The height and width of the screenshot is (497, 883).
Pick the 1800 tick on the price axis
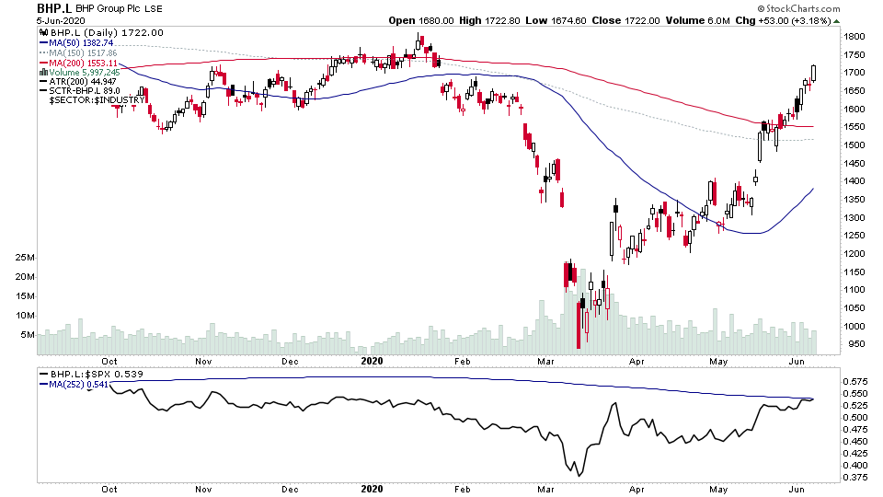click(x=856, y=37)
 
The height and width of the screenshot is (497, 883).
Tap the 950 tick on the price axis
click(x=854, y=344)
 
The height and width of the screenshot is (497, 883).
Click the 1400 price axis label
click(x=856, y=181)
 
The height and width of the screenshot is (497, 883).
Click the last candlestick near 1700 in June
click(x=814, y=74)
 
